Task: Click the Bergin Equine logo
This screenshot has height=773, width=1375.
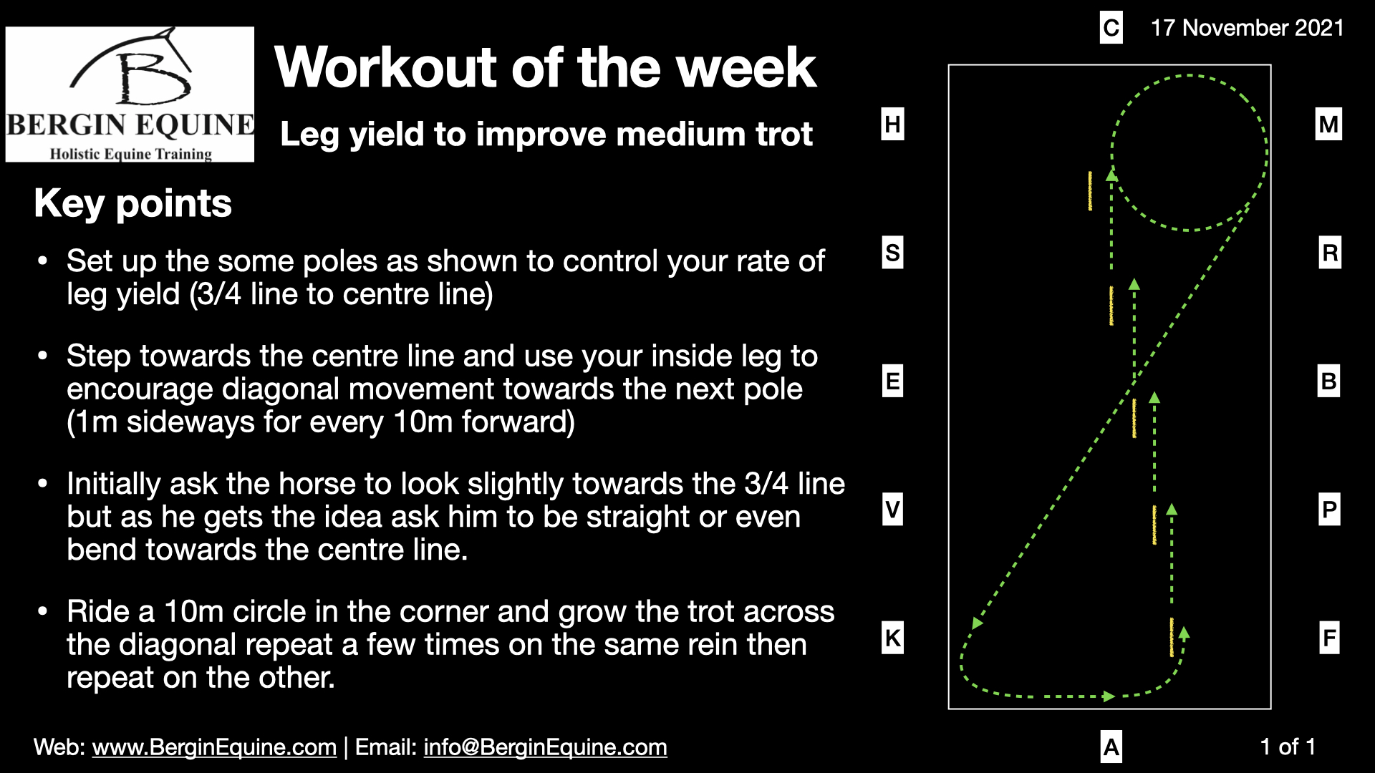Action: (x=130, y=94)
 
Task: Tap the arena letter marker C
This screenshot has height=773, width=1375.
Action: (x=1111, y=28)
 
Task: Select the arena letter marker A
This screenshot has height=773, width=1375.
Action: (x=1111, y=747)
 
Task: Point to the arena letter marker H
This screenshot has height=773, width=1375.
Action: (x=892, y=125)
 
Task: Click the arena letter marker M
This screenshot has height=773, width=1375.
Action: (x=1328, y=125)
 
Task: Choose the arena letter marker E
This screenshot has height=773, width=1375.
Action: (x=892, y=381)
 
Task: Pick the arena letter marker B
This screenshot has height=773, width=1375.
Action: (x=1328, y=381)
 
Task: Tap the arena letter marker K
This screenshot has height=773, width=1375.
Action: (x=892, y=638)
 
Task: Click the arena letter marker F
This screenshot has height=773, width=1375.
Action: (x=1329, y=638)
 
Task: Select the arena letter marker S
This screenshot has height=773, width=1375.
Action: (x=892, y=253)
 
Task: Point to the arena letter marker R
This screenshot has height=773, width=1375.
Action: (x=1329, y=253)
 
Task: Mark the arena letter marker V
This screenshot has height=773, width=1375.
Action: (x=892, y=510)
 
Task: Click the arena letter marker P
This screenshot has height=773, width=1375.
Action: (x=1329, y=510)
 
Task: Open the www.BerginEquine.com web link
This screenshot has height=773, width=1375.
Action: (x=214, y=747)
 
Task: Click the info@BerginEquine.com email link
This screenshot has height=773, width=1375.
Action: (x=545, y=747)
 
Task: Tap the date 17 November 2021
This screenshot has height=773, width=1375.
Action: (x=1247, y=28)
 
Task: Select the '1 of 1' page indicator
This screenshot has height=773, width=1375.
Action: (x=1288, y=747)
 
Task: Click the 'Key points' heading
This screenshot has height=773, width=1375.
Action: (x=132, y=203)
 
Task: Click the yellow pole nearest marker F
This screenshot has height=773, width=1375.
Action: (x=1172, y=637)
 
